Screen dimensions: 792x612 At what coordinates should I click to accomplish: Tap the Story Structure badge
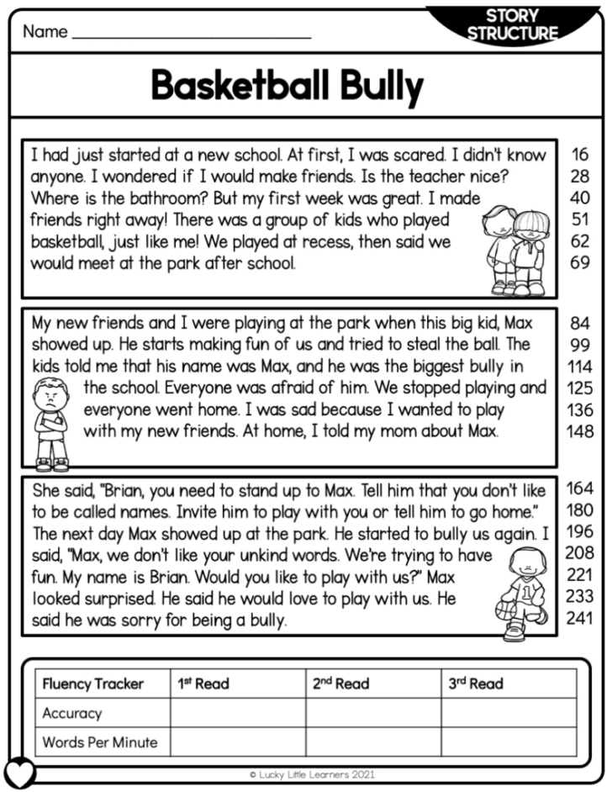[512, 25]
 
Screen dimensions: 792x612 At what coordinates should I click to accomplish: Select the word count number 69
[580, 263]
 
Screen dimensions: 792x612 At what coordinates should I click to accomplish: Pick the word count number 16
[580, 155]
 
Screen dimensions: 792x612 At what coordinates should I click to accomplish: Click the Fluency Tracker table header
[93, 684]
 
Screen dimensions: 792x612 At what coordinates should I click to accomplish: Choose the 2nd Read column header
[340, 684]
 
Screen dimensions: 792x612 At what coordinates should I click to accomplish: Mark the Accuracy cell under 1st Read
[238, 713]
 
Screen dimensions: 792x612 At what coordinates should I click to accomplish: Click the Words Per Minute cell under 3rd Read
[509, 742]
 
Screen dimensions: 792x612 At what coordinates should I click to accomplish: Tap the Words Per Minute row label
[100, 742]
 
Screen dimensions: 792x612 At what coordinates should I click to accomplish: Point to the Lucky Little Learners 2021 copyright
[312, 774]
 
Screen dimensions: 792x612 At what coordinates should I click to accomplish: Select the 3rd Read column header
[475, 684]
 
